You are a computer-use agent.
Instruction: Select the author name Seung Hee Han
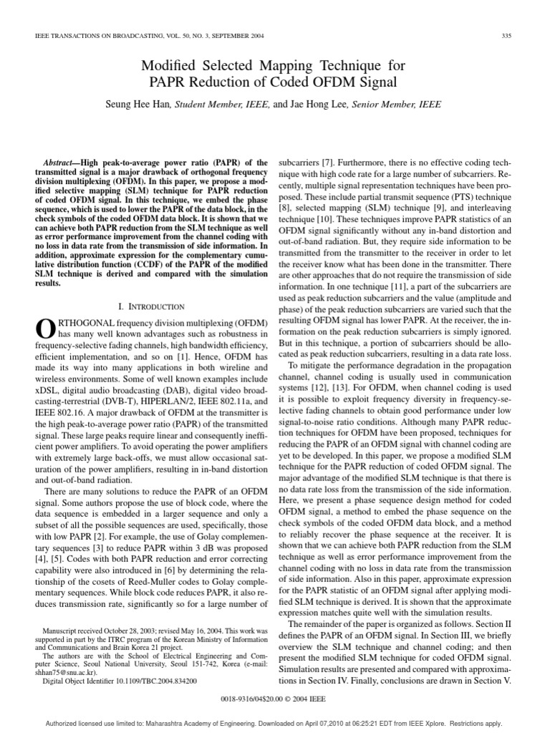point(140,105)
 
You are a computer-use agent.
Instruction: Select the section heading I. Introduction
point(152,306)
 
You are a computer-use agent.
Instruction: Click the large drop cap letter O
point(44,327)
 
